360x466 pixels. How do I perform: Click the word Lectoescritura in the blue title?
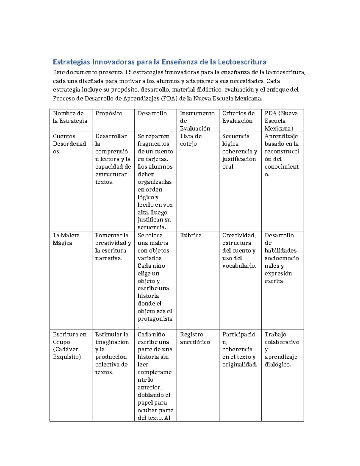[x=242, y=62]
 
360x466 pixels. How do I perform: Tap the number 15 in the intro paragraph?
[x=128, y=72]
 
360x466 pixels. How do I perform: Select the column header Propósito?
[x=109, y=113]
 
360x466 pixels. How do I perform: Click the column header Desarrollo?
[x=152, y=113]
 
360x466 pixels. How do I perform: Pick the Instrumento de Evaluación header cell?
[x=197, y=121]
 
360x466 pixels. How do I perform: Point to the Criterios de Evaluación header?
[x=238, y=117]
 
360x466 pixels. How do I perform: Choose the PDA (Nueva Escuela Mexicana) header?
[x=281, y=121]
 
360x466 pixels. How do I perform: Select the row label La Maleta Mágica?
[x=66, y=239]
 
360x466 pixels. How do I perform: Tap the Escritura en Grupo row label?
[x=70, y=345]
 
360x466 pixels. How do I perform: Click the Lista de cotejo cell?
[x=191, y=140]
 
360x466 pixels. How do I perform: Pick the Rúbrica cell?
[x=191, y=236]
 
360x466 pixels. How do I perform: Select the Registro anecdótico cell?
[x=195, y=338]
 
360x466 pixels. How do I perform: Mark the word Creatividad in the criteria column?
[x=239, y=236]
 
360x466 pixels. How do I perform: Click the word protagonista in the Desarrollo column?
[x=155, y=319]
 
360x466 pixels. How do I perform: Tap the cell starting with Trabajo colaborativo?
[x=282, y=349]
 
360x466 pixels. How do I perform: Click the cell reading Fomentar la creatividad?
[x=113, y=247]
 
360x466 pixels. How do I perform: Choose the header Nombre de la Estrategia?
[x=70, y=117]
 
